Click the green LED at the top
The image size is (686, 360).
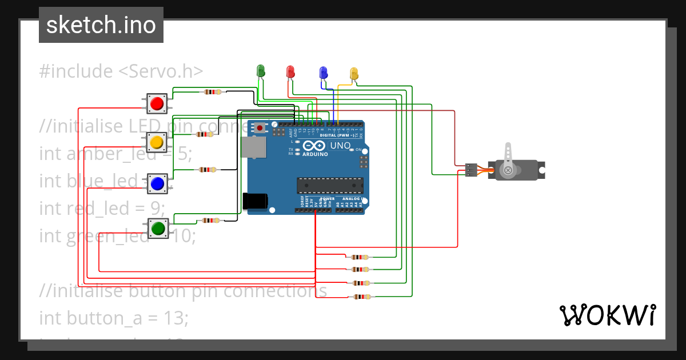coord(261,71)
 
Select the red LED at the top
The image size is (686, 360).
coord(290,71)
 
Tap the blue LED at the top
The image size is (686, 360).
coord(323,73)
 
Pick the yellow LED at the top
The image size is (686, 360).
coord(354,73)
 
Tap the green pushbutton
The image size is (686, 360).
coord(158,229)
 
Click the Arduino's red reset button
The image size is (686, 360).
coord(260,128)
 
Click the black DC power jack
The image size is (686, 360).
coord(254,201)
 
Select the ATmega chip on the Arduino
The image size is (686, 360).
coord(330,186)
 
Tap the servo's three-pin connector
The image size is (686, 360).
coord(470,170)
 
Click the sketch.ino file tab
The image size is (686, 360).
coord(101,25)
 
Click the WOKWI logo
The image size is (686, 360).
coord(607,315)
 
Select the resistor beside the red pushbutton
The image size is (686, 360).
coord(212,92)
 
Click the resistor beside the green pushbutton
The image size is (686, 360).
coord(210,221)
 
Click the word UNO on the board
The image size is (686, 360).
coord(341,146)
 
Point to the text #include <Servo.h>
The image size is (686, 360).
coord(121,71)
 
